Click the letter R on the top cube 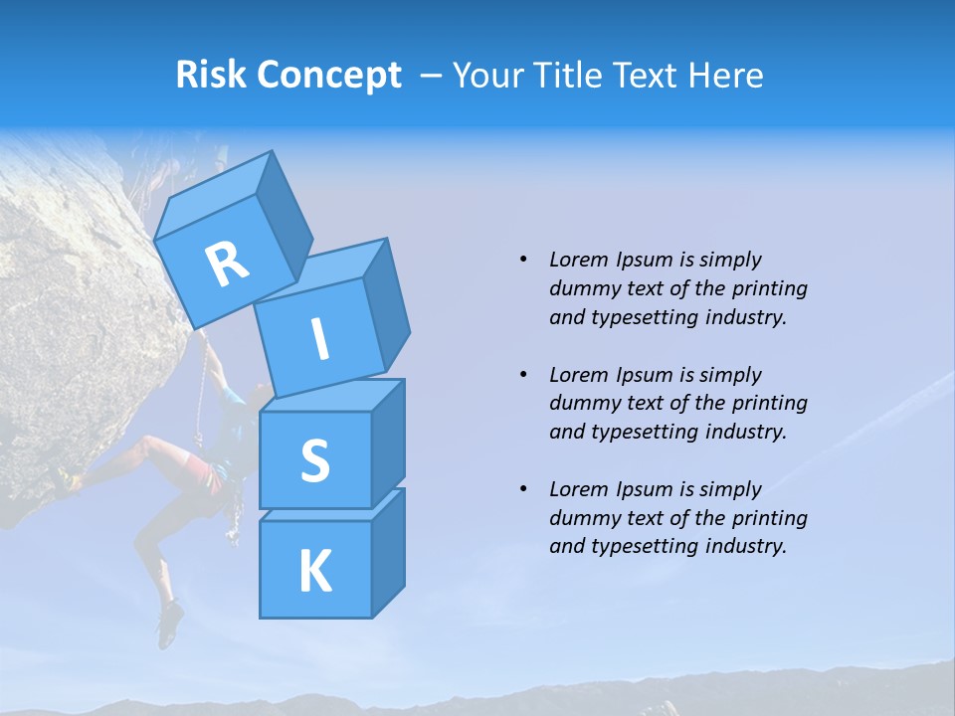(227, 265)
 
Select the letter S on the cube (314, 460)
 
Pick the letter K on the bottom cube (314, 572)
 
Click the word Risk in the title (212, 75)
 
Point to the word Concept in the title (329, 75)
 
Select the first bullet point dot (524, 260)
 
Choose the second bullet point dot (524, 375)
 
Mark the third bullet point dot (524, 489)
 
